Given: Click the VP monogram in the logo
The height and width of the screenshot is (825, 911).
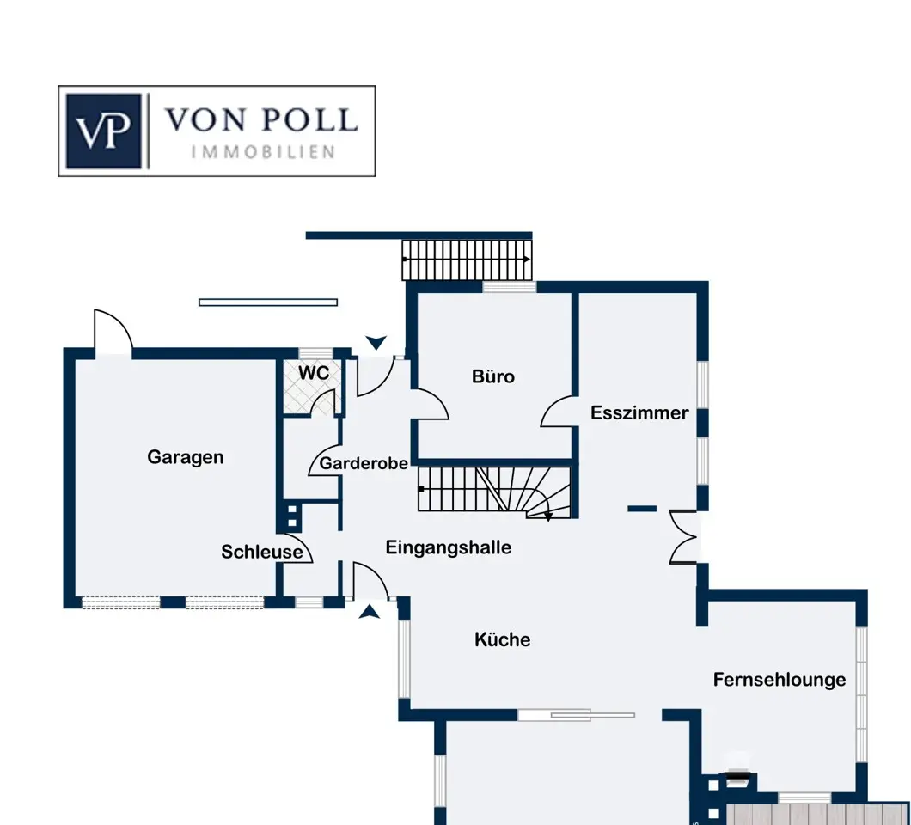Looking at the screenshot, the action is click(x=104, y=131).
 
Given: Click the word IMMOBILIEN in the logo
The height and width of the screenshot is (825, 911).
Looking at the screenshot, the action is click(x=263, y=152).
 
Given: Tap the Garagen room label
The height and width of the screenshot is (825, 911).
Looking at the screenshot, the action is click(x=186, y=458).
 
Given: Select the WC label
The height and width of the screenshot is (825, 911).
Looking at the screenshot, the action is click(x=314, y=373).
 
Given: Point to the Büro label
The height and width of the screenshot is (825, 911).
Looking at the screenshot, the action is click(x=493, y=376).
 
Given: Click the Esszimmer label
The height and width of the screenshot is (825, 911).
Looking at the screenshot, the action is click(x=639, y=413).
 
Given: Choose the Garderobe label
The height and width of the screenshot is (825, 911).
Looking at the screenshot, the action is click(x=364, y=463).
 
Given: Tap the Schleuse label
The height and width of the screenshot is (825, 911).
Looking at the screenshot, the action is click(x=262, y=552).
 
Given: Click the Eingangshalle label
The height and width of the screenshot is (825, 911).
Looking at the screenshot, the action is click(x=449, y=547).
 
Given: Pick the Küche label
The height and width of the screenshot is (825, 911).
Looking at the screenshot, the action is click(x=503, y=639).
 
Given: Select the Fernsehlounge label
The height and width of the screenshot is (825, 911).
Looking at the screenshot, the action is click(x=780, y=680).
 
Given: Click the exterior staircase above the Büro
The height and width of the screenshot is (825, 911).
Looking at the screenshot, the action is click(x=467, y=260).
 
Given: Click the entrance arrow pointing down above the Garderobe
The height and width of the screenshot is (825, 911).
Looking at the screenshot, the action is click(x=376, y=342).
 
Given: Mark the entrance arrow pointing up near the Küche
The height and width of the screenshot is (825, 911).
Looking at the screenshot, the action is click(x=369, y=612).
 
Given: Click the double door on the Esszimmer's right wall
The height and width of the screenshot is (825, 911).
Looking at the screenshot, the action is click(x=683, y=537).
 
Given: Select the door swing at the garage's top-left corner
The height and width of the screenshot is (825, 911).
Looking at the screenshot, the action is click(x=113, y=329).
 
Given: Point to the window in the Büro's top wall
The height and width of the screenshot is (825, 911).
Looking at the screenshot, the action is click(x=510, y=286).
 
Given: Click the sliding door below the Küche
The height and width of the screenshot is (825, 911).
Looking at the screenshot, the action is click(x=577, y=715).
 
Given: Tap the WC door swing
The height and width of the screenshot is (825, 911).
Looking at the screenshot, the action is click(x=323, y=403).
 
